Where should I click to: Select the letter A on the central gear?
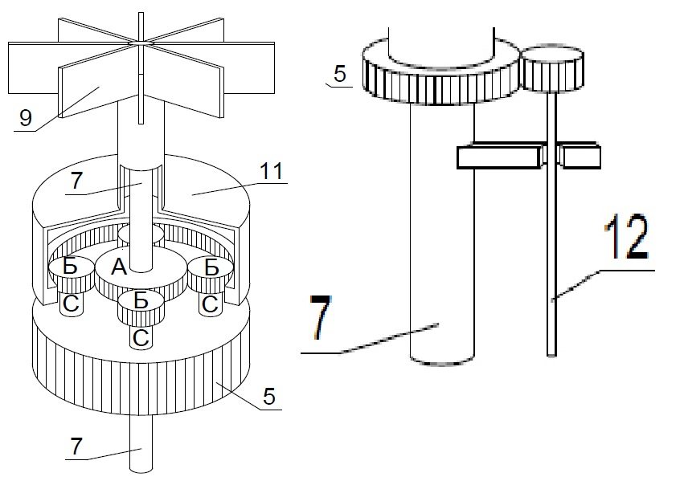click(x=119, y=269)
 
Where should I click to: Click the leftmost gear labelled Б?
click(x=71, y=267)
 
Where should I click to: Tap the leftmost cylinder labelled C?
click(x=71, y=304)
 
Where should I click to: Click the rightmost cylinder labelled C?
click(x=211, y=304)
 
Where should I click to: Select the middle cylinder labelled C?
click(x=141, y=338)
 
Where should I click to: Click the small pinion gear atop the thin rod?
click(x=552, y=69)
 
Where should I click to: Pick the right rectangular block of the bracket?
click(x=581, y=157)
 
